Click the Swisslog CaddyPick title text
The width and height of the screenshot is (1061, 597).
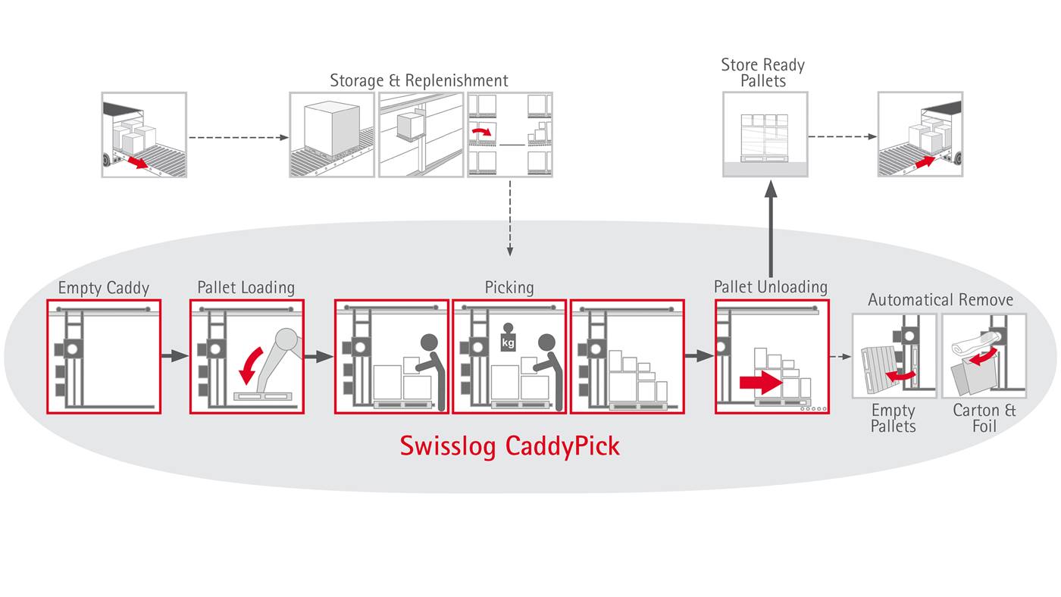tap(509, 446)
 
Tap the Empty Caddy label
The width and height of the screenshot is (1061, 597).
tap(104, 288)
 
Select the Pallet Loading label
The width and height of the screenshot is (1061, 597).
tap(246, 288)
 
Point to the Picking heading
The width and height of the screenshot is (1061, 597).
tap(509, 288)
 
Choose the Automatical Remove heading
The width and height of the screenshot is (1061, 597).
tap(940, 300)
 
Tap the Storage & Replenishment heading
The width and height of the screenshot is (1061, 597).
tap(419, 80)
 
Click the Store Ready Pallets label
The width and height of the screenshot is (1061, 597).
tap(762, 73)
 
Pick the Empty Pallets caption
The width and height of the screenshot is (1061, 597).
tap(893, 418)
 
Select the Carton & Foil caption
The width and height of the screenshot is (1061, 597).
tap(984, 418)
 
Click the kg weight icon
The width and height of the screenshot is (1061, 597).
tap(508, 339)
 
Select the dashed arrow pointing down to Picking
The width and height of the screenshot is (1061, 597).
tap(509, 220)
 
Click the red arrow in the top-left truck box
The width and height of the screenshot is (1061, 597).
tap(137, 161)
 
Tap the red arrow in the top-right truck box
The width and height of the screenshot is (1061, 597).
tap(926, 161)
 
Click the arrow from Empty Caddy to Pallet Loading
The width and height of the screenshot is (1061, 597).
tap(174, 355)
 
